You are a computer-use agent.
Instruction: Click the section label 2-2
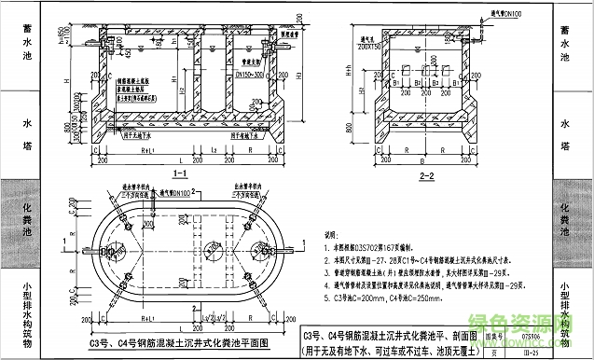click(x=428, y=175)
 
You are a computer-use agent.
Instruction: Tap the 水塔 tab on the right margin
click(x=565, y=134)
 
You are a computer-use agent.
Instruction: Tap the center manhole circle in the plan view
click(x=176, y=258)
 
